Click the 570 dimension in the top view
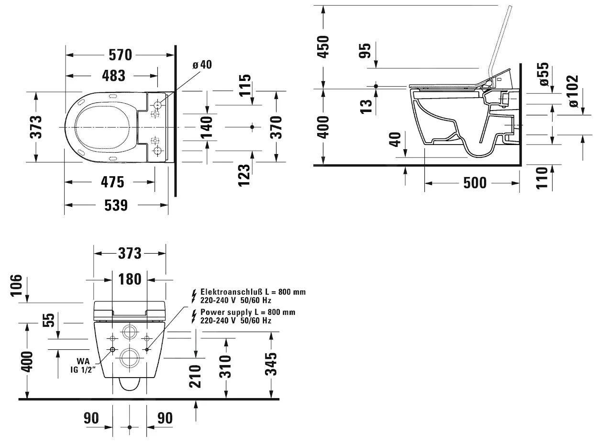[120, 55]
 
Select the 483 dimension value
[113, 76]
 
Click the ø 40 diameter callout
[202, 65]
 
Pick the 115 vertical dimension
[244, 85]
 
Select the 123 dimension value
[244, 175]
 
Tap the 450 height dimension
[324, 46]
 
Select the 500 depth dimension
[475, 183]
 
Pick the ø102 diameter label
[572, 91]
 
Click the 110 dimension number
[542, 178]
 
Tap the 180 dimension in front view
[129, 279]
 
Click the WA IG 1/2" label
[86, 365]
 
